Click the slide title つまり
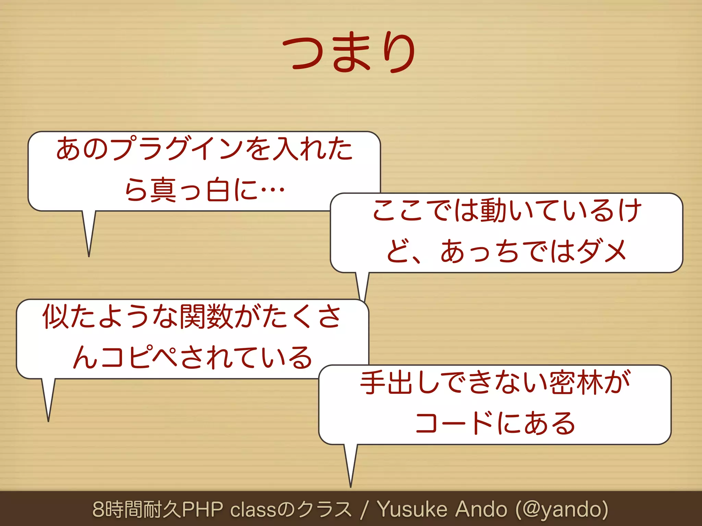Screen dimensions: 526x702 click(349, 52)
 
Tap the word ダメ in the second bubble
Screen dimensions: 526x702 click(602, 251)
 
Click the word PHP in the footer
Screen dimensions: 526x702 click(202, 509)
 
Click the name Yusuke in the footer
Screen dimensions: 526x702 click(412, 509)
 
